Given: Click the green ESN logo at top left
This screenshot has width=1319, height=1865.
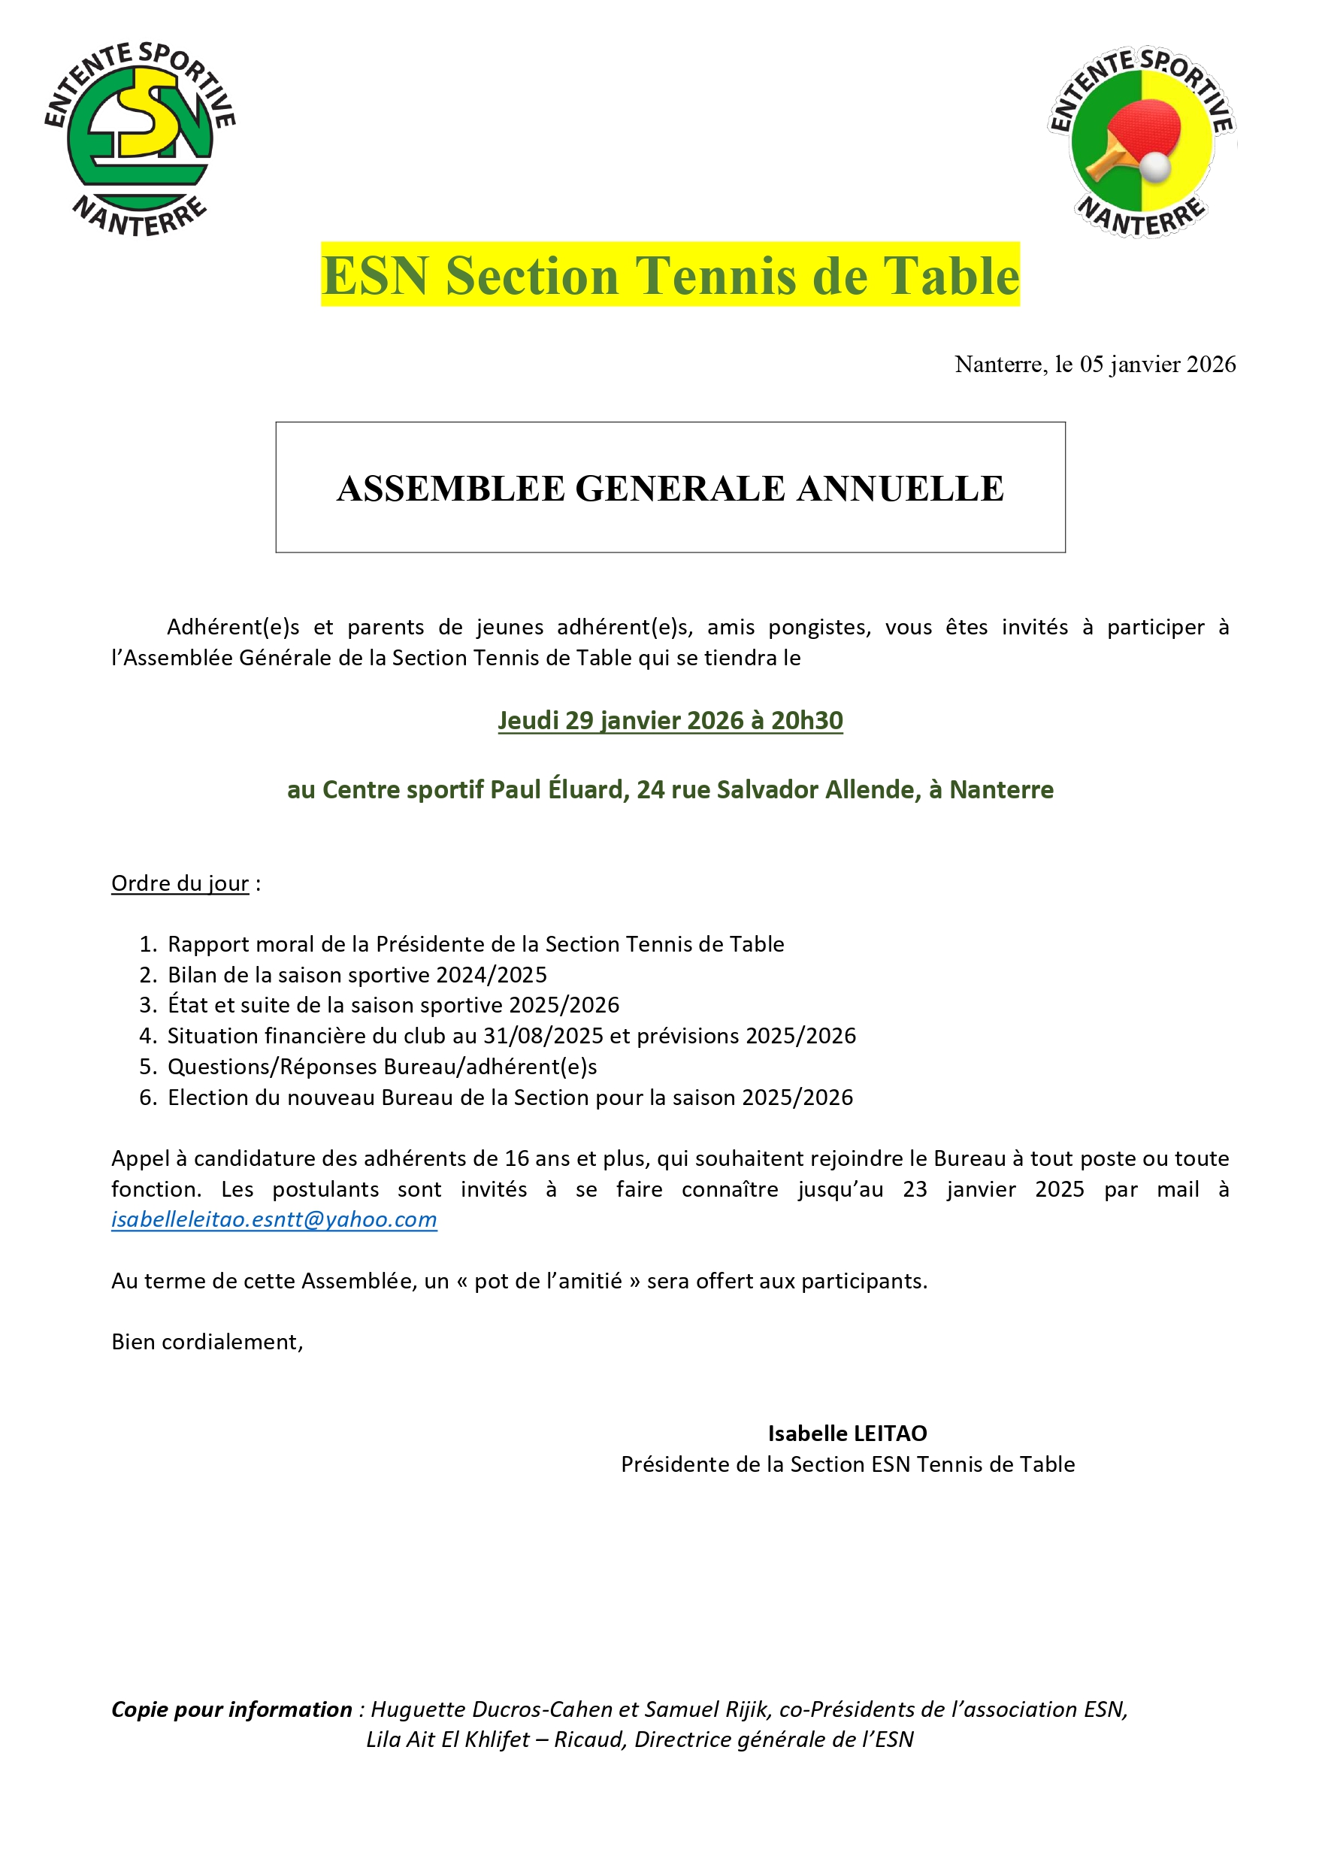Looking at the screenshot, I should click(x=140, y=138).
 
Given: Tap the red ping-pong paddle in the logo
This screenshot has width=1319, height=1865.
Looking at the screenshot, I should click(x=1141, y=130).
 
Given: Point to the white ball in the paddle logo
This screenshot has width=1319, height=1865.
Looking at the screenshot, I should click(x=1157, y=168).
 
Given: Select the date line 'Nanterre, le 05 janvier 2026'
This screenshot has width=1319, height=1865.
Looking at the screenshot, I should click(x=1095, y=364).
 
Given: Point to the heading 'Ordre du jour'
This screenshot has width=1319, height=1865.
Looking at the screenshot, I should click(x=180, y=883).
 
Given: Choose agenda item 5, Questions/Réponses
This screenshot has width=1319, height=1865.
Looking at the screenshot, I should click(x=382, y=1067).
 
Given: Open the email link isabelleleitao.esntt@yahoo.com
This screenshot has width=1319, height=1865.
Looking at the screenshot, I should click(x=274, y=1219).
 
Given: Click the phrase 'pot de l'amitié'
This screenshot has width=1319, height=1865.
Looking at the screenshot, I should click(x=547, y=1281).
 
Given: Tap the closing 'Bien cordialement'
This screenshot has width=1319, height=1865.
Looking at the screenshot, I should click(x=207, y=1342).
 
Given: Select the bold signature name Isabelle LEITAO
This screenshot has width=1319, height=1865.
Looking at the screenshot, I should click(x=847, y=1434).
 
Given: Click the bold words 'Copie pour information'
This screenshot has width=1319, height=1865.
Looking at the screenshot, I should click(x=231, y=1709).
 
